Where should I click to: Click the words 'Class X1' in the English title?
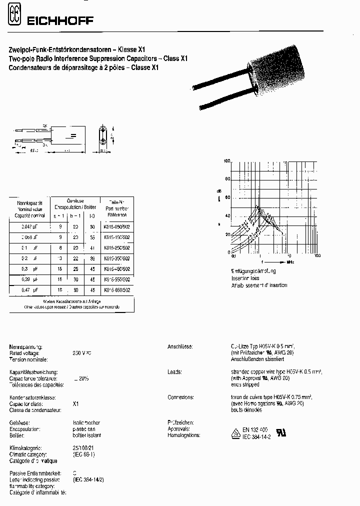click(x=176, y=58)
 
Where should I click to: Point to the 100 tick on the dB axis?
click(x=226, y=161)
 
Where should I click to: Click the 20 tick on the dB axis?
click(x=227, y=234)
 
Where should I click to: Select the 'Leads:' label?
click(x=175, y=372)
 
